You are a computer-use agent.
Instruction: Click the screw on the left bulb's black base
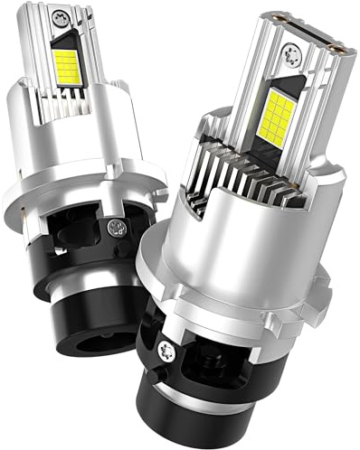pos(115,228)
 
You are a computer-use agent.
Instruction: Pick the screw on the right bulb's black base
pos(169,349)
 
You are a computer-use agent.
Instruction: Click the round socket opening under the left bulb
pos(72,321)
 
